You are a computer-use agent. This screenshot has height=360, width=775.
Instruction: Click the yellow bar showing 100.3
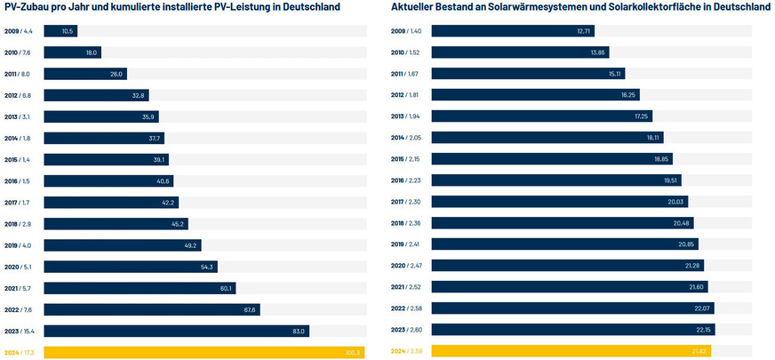point(204,353)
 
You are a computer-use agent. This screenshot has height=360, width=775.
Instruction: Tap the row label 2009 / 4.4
point(19,31)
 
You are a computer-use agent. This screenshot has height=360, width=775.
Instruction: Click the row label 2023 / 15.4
point(20,332)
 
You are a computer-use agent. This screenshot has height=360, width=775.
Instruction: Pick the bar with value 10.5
point(60,31)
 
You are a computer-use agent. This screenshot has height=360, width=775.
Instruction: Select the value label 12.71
point(584,31)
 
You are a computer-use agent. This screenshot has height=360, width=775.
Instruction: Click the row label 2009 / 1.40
point(406,31)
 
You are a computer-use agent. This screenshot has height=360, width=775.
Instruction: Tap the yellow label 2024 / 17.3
point(20,353)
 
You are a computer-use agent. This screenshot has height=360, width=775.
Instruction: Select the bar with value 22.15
point(573,330)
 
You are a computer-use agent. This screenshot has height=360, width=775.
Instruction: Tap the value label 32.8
point(138,95)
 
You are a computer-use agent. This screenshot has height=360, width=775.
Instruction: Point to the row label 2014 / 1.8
point(19,138)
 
